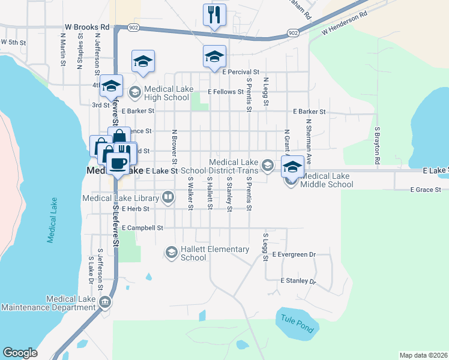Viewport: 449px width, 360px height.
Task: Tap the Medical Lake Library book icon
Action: click(x=169, y=197)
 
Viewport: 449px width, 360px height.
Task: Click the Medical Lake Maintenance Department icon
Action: click(x=106, y=302)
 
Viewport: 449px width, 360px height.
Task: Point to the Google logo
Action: click(x=20, y=353)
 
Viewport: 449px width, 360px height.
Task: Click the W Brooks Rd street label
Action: click(x=87, y=28)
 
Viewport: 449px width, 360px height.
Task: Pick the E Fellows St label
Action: click(x=226, y=92)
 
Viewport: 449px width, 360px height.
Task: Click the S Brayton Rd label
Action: click(x=378, y=146)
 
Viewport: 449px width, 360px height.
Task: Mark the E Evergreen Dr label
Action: click(x=294, y=254)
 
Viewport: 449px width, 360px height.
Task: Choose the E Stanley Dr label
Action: click(x=298, y=281)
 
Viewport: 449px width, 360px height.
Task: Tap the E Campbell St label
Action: click(x=142, y=228)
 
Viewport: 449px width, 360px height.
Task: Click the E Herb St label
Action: click(x=135, y=209)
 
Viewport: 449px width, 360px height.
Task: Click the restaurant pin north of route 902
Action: click(x=214, y=14)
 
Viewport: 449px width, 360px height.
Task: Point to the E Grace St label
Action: click(x=426, y=190)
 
